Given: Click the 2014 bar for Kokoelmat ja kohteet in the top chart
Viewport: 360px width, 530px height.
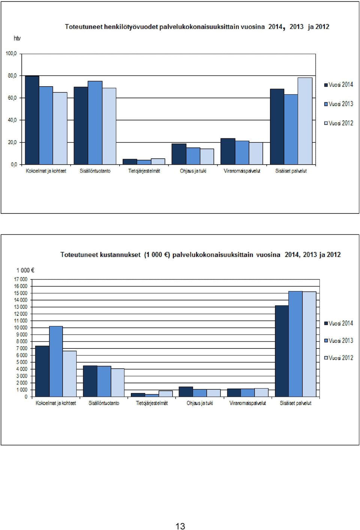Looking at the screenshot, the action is tap(32, 120).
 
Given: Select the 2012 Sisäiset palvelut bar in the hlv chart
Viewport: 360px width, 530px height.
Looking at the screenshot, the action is tap(305, 121).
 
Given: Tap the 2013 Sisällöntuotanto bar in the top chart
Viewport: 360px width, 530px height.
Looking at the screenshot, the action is tap(95, 123).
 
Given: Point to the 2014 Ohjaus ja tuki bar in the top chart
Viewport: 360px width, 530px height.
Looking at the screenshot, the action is tap(179, 154).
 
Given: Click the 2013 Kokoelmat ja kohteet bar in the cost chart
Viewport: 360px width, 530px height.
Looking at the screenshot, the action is tap(56, 361).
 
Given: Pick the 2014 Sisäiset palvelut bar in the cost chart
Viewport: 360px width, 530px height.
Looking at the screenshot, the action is tap(282, 351).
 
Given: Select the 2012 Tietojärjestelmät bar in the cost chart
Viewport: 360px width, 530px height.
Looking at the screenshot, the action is tap(166, 393).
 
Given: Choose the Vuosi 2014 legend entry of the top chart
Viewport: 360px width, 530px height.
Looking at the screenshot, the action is tap(339, 85).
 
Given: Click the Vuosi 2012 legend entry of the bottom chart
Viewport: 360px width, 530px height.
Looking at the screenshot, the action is tap(339, 358).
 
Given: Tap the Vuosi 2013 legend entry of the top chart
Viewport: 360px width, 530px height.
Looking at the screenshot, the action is tap(339, 104).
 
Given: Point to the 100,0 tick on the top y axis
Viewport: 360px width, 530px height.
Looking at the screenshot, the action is tap(11, 54).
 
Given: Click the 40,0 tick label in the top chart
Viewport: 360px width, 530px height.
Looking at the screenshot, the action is tap(12, 120).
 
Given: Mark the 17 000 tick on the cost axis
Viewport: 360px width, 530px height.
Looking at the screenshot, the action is tap(21, 279).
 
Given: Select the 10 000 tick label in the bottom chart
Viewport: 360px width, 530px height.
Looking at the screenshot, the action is tap(21, 328).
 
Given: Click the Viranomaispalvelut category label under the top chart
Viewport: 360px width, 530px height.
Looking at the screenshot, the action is tap(242, 171).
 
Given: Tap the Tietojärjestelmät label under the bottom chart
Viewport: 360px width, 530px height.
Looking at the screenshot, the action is tap(152, 403).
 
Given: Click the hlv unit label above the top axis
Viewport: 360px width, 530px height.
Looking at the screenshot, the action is tap(17, 38).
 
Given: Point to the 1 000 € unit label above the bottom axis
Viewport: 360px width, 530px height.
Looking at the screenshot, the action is tap(25, 270).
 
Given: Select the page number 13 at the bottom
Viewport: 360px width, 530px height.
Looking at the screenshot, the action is tap(180, 526).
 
